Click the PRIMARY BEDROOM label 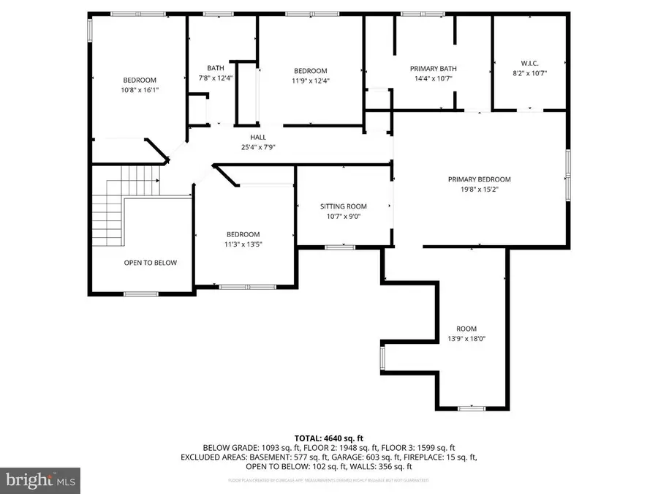(479, 179)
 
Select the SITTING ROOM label (343, 206)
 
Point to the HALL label (257, 137)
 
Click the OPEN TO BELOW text (150, 263)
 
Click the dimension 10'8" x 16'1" (140, 90)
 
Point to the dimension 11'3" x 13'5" (243, 244)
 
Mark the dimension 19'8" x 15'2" (479, 190)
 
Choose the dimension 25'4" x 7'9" (257, 146)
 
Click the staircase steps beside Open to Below (110, 209)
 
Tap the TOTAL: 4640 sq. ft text (328, 437)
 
